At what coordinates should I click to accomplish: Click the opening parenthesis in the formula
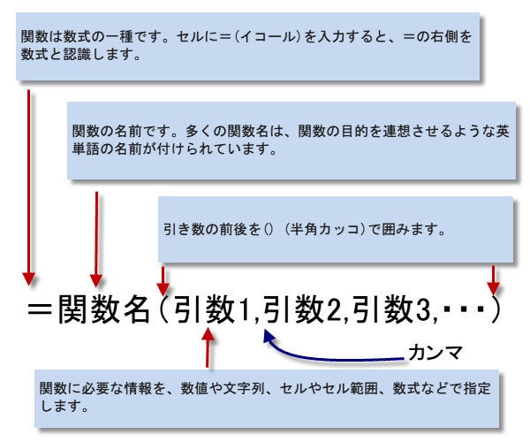point(164,311)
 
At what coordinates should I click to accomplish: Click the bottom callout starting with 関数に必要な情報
point(265,399)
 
